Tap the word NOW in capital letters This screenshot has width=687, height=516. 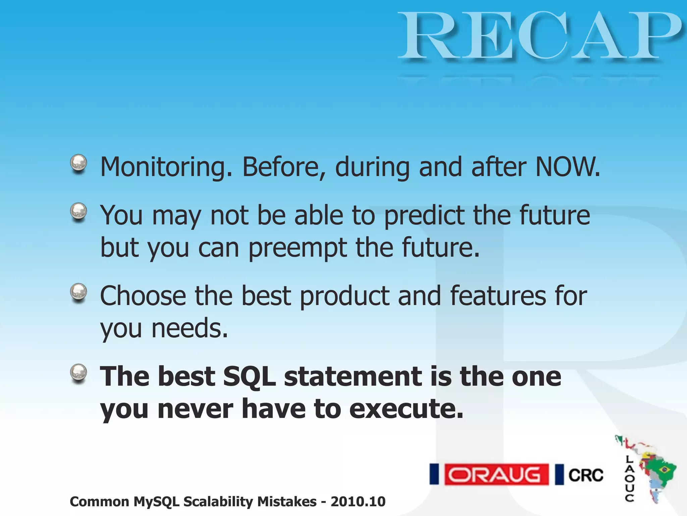click(x=567, y=167)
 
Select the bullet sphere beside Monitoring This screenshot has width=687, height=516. click(x=78, y=164)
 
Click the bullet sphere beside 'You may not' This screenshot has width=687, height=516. click(x=78, y=212)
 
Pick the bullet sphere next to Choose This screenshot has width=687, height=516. click(x=78, y=292)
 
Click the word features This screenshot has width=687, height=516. click(x=498, y=296)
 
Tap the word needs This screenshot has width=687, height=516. click(x=190, y=329)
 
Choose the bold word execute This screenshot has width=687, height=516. click(x=406, y=409)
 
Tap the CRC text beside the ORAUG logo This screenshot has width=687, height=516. click(x=585, y=475)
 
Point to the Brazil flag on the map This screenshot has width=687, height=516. click(x=664, y=469)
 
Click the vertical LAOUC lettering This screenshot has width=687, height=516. click(x=630, y=478)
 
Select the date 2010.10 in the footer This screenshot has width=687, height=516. click(x=358, y=502)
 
